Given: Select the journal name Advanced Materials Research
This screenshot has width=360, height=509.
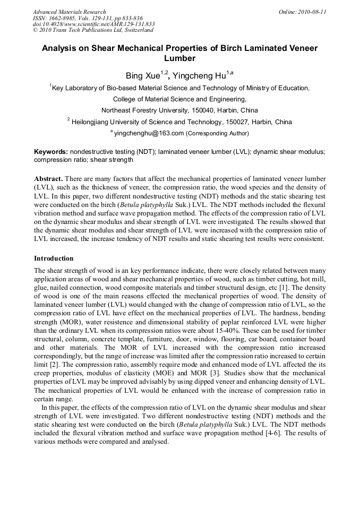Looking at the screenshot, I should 70,12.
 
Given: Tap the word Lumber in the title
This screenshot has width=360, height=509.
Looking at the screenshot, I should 179,58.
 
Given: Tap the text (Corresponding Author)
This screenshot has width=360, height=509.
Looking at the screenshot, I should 217,133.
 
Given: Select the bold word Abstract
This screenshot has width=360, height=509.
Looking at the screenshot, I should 49,179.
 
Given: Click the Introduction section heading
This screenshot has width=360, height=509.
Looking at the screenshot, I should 54,258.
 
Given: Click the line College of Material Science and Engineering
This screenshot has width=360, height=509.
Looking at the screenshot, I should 179,99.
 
